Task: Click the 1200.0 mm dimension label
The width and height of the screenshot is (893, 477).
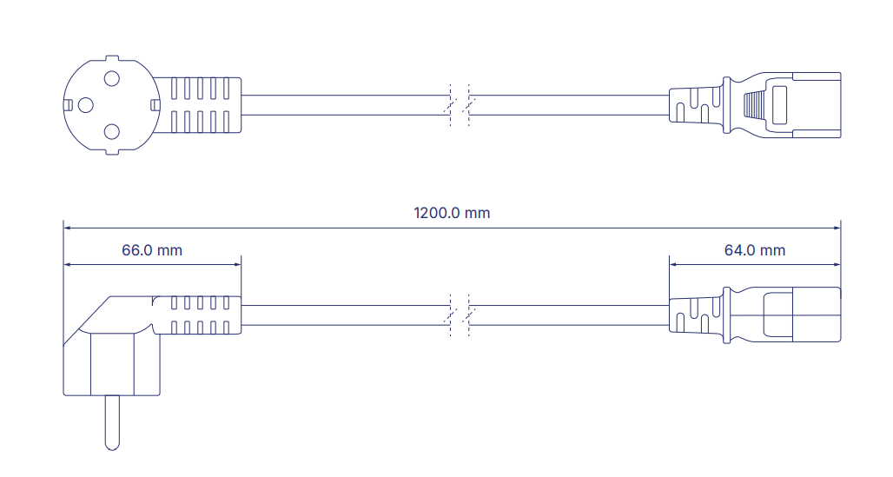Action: (452, 213)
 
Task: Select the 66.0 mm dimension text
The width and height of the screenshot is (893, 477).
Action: (152, 250)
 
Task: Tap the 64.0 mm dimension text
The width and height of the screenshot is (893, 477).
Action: (754, 250)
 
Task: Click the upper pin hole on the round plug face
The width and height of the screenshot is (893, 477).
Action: (111, 79)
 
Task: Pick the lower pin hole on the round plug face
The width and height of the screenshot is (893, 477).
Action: (111, 132)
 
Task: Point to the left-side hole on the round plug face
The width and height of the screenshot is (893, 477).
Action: (84, 105)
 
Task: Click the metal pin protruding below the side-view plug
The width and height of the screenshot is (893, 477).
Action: (111, 422)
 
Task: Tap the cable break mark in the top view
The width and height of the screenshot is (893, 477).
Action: (459, 106)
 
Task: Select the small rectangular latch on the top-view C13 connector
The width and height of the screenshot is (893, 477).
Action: (777, 106)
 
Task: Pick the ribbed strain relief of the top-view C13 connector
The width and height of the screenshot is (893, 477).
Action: (695, 106)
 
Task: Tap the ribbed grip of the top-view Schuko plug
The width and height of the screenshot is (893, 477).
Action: (200, 106)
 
